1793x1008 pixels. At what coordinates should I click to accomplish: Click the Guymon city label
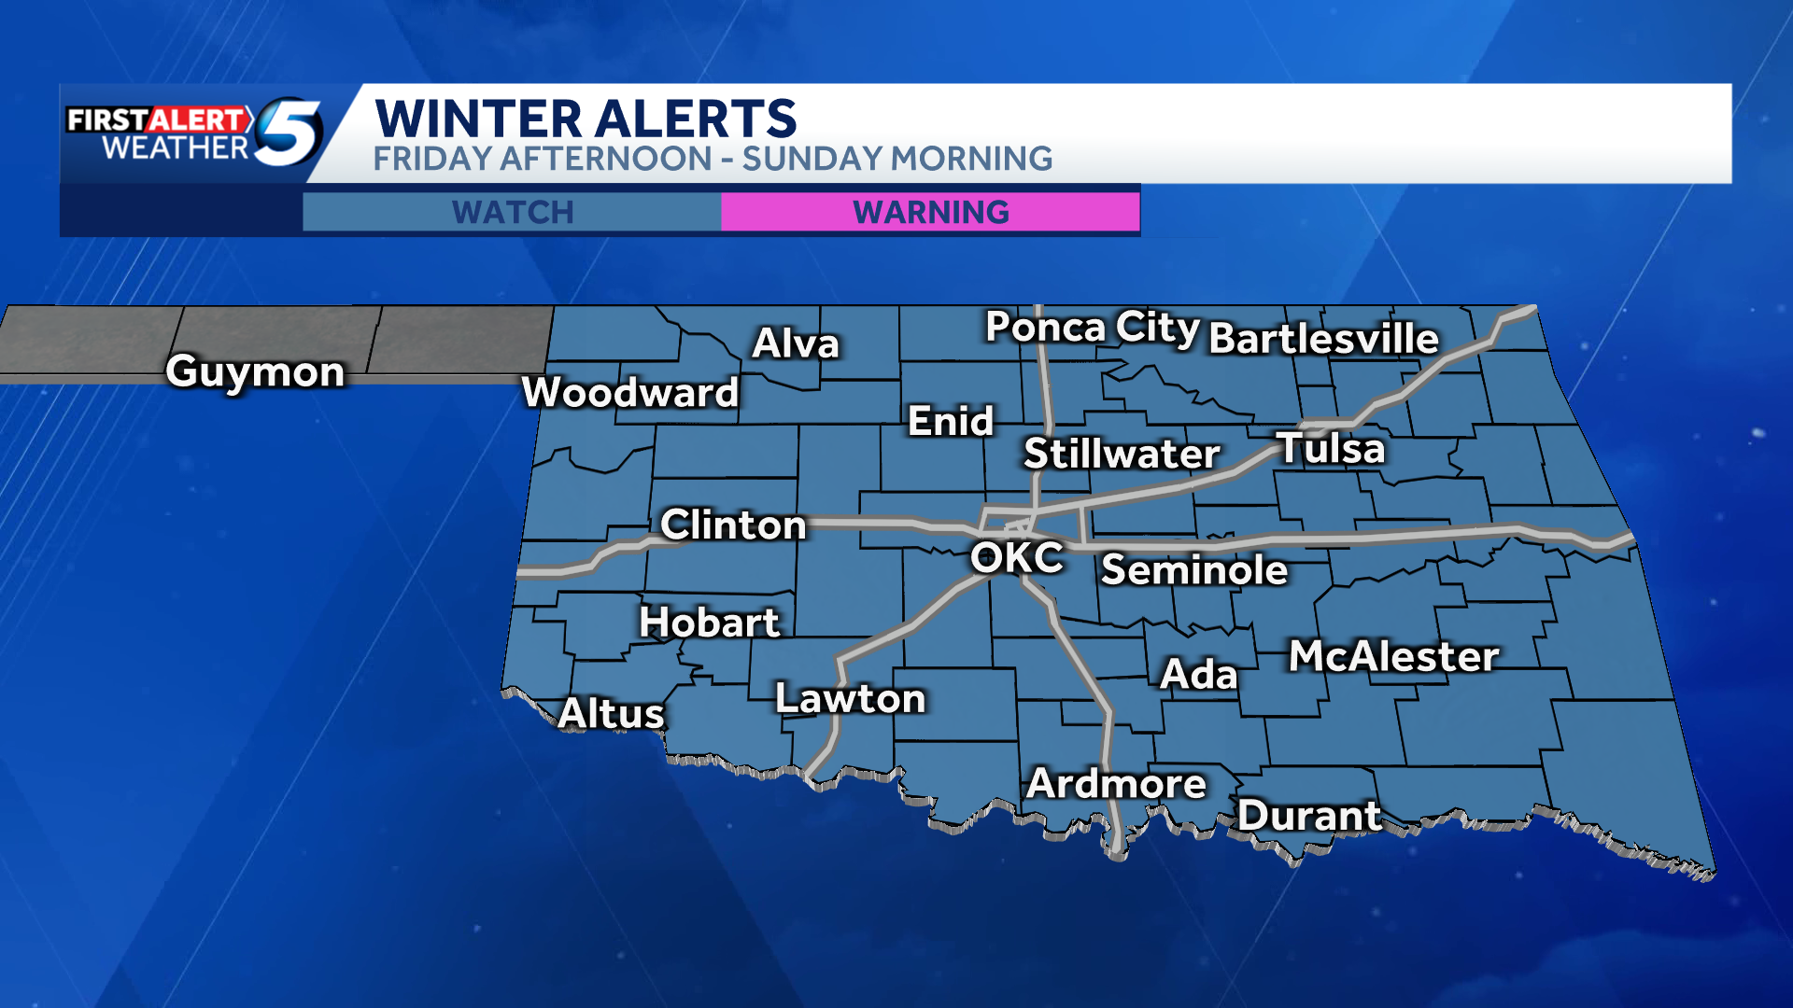point(255,371)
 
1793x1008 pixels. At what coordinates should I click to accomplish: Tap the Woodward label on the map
point(630,392)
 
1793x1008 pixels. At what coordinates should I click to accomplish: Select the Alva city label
point(796,343)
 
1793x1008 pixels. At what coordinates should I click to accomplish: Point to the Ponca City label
point(1092,328)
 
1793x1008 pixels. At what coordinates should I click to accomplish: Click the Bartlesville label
point(1323,338)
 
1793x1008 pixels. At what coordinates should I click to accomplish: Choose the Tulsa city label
point(1331,448)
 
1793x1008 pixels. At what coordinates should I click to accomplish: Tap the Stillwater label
point(1122,454)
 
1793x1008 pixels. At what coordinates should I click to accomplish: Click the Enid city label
point(951,421)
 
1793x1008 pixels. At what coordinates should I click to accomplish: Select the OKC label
point(1016,557)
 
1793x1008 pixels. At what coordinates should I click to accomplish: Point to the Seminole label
point(1194,569)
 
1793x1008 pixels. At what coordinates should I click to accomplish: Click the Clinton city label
point(733,525)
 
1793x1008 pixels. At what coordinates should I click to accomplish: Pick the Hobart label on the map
point(709,623)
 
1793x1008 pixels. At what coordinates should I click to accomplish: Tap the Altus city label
point(611,714)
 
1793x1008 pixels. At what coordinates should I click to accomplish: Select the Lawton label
point(850,698)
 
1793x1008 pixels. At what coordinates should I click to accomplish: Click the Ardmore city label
point(1116,784)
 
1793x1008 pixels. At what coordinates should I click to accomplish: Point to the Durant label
point(1309,816)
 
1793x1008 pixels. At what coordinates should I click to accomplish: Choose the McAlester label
point(1394,656)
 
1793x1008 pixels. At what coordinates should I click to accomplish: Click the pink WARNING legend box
point(930,212)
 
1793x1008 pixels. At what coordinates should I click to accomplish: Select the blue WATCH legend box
point(512,212)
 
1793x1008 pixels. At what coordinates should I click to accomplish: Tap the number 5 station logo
point(289,132)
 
